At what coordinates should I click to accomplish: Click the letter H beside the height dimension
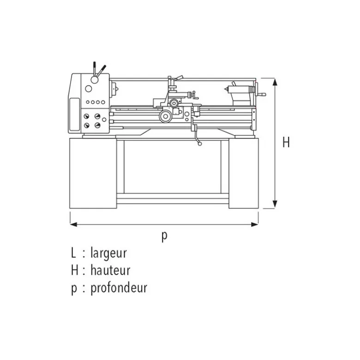click(286, 142)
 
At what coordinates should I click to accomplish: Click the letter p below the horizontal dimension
click(164, 236)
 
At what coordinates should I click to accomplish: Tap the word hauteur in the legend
click(110, 270)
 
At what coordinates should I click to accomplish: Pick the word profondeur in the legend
click(119, 288)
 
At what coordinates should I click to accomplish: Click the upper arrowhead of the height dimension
click(275, 82)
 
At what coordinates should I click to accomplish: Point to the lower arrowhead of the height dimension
click(275, 204)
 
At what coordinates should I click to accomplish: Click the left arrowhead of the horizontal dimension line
click(73, 224)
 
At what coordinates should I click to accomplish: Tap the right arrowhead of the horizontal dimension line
click(255, 224)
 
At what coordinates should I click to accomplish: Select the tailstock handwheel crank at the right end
click(260, 92)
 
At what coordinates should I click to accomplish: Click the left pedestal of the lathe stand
click(93, 173)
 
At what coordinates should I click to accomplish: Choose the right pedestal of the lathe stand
click(244, 173)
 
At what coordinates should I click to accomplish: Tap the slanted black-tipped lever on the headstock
click(101, 71)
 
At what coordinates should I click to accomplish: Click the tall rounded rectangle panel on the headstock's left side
click(74, 114)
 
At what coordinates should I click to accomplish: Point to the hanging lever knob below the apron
click(200, 144)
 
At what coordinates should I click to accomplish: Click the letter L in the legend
click(73, 253)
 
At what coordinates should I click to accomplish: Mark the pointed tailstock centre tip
click(225, 89)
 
